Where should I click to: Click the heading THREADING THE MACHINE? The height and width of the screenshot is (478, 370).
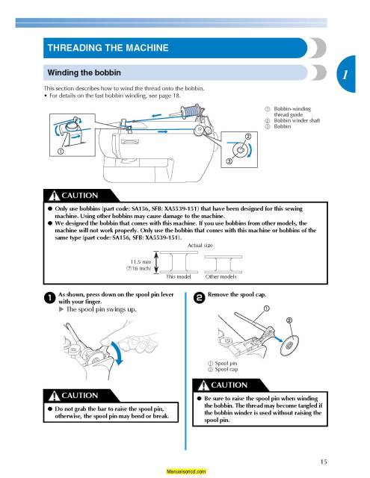108,48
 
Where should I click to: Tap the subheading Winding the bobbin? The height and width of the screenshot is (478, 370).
84,72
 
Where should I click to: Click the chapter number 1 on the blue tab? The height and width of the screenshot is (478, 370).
345,74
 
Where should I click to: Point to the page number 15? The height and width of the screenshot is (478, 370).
324,462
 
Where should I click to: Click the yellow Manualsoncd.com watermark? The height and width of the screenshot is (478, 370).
186,471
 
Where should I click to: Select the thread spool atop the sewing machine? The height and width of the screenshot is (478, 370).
190,111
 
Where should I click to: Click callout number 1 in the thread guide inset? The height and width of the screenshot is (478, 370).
61,151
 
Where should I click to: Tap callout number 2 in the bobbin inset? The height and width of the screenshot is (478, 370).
248,137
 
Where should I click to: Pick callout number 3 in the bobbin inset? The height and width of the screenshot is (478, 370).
229,161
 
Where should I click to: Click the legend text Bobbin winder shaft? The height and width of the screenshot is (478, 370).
297,120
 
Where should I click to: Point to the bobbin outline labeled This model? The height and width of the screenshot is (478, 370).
179,262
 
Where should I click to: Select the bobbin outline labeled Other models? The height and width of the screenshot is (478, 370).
223,264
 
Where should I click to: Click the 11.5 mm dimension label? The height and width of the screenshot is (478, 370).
141,262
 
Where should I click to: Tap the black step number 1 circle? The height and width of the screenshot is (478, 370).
50,297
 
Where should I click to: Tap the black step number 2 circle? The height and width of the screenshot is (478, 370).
199,297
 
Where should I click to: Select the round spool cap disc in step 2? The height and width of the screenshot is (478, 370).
289,345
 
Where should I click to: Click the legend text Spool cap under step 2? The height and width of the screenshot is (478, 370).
226,369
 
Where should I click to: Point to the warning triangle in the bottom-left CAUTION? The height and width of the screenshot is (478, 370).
54,396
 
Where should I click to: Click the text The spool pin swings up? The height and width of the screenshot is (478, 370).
101,309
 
